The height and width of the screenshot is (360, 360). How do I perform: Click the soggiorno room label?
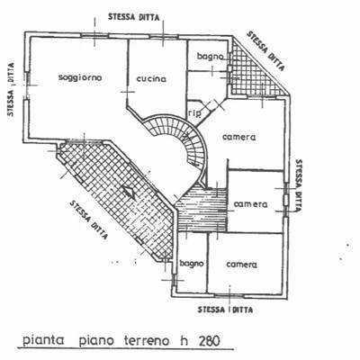(x=80, y=77)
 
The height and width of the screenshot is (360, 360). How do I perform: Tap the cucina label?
(x=151, y=79)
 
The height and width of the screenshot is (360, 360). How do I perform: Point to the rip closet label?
(x=194, y=113)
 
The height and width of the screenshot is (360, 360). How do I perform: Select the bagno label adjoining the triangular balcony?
(x=211, y=56)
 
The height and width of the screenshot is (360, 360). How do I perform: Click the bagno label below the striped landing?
(x=192, y=264)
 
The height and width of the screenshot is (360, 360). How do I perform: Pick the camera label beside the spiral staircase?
(x=239, y=137)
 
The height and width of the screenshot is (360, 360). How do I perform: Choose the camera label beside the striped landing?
(x=250, y=204)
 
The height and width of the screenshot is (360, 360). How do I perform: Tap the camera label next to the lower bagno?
(x=242, y=265)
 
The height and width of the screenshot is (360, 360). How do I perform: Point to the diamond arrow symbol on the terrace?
(x=129, y=192)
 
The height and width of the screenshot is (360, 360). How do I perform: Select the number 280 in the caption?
(x=209, y=341)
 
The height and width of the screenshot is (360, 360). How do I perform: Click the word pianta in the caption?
(x=44, y=341)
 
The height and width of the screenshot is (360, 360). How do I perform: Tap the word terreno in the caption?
(x=146, y=341)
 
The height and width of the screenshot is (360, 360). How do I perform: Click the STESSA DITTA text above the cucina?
(x=134, y=17)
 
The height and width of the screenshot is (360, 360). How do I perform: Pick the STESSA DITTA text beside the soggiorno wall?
(x=11, y=89)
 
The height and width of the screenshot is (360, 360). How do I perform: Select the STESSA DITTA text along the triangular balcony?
(x=265, y=50)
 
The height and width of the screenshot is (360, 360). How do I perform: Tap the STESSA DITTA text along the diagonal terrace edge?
(x=88, y=220)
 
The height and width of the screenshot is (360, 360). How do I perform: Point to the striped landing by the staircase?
(x=202, y=209)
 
